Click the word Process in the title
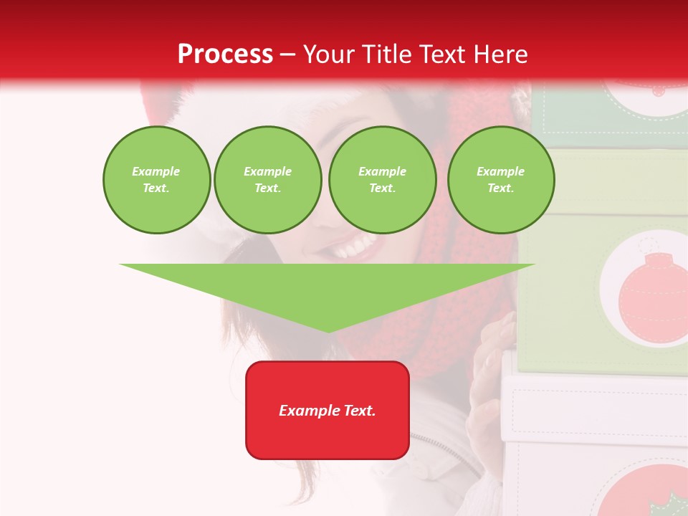click(225, 54)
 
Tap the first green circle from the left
click(156, 180)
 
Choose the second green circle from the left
click(267, 180)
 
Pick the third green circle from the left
click(382, 180)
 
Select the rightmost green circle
click(500, 180)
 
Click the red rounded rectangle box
click(328, 410)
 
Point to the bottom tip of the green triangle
click(328, 330)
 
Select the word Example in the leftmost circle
click(156, 172)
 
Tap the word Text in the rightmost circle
click(500, 188)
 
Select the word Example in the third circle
click(382, 172)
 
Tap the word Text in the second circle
click(267, 188)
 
